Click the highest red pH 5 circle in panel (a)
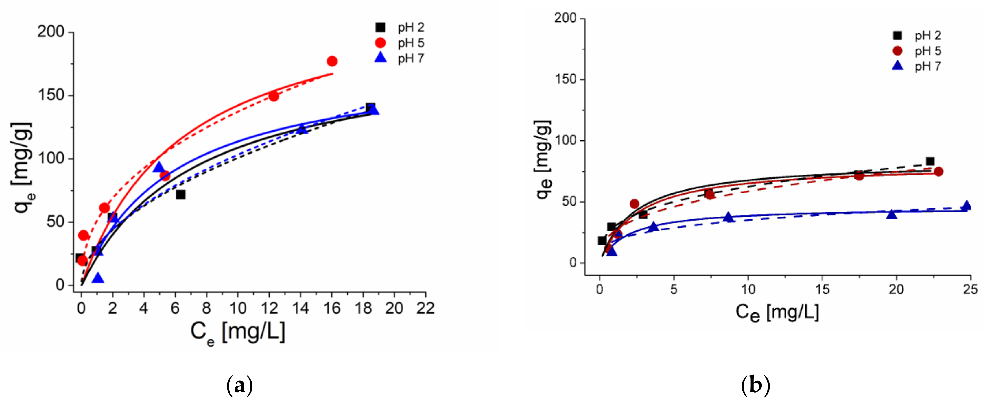[x=332, y=61]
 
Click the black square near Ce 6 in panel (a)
[x=180, y=195]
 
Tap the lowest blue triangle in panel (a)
[x=98, y=278]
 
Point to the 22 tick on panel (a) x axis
[x=425, y=308]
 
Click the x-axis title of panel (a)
[x=238, y=332]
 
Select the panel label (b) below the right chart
[x=755, y=386]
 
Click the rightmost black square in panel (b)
[x=930, y=161]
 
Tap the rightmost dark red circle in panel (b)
[x=938, y=172]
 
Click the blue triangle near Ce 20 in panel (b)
[x=891, y=214]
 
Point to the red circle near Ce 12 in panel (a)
[x=274, y=96]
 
